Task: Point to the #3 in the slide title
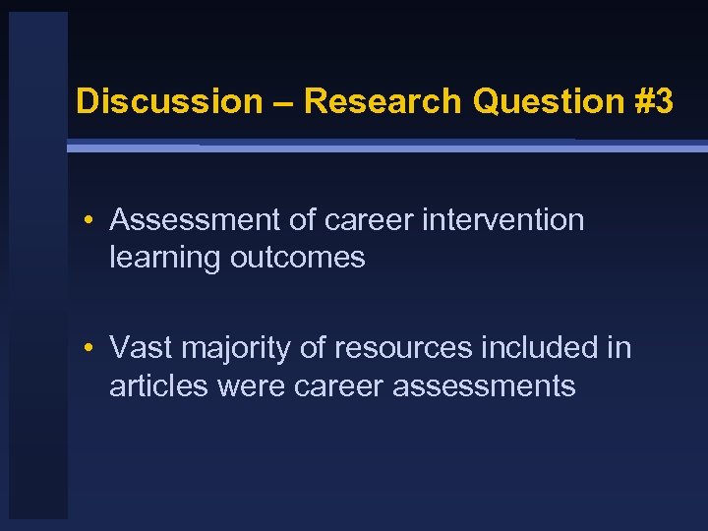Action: coord(653,101)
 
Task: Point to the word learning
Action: coord(165,258)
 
